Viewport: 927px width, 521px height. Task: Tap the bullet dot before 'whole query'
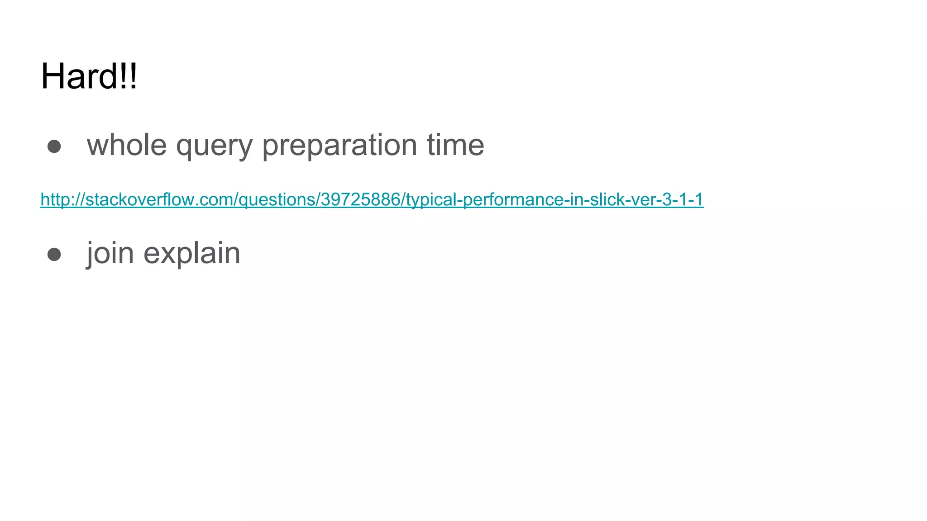click(x=54, y=146)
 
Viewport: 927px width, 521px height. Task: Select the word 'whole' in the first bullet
click(x=127, y=145)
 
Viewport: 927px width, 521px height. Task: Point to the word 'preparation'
click(x=339, y=145)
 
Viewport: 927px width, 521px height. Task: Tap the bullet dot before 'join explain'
click(x=54, y=254)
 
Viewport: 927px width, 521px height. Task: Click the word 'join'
click(x=110, y=253)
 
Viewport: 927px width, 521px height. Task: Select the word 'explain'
click(x=191, y=253)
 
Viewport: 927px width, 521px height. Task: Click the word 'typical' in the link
click(x=431, y=199)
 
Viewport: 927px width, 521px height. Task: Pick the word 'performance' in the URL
click(x=513, y=199)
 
